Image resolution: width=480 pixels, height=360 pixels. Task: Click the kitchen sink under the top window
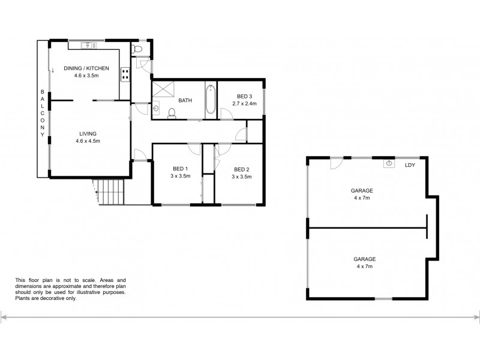tap(88, 44)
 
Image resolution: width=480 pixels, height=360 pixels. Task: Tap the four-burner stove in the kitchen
tap(126, 74)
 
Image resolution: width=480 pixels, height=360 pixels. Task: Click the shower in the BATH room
tap(161, 90)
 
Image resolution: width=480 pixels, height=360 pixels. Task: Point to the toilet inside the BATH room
tap(172, 112)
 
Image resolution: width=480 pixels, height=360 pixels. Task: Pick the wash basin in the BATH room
tap(155, 109)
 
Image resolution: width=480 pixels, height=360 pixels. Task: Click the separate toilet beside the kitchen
tap(137, 50)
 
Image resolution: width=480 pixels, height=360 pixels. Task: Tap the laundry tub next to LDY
tap(390, 163)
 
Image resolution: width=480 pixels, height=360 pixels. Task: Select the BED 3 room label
tap(244, 97)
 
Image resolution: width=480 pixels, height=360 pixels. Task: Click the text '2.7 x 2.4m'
tap(244, 103)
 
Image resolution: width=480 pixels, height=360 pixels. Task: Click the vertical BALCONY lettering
tap(42, 113)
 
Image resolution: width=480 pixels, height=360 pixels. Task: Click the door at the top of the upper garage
tap(337, 162)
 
